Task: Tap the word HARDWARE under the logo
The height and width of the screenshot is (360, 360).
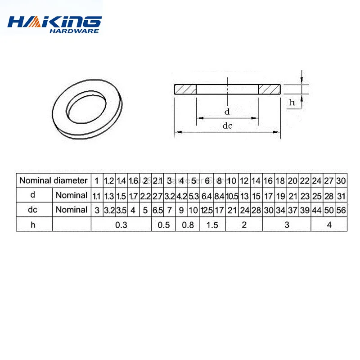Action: [x=76, y=31]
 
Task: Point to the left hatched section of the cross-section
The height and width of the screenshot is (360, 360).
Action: [x=184, y=89]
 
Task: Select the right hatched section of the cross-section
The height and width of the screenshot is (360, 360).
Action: [x=269, y=89]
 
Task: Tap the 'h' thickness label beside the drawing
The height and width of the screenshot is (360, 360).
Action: [x=292, y=103]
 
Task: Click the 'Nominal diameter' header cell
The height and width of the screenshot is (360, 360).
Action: [x=53, y=181]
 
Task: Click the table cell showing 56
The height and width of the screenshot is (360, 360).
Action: [x=340, y=210]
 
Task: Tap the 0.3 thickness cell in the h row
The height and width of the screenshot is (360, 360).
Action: [x=121, y=225]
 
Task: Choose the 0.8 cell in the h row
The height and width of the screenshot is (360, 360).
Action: [x=188, y=225]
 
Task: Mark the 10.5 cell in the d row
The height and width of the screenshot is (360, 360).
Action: [x=232, y=195]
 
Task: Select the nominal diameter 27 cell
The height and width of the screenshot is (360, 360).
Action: [x=329, y=181]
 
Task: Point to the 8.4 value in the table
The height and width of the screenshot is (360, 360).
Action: [x=219, y=195]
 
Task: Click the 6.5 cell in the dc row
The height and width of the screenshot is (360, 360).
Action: [x=157, y=210]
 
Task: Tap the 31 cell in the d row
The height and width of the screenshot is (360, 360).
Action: [x=340, y=195]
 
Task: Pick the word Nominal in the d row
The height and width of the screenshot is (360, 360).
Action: [x=71, y=195]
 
